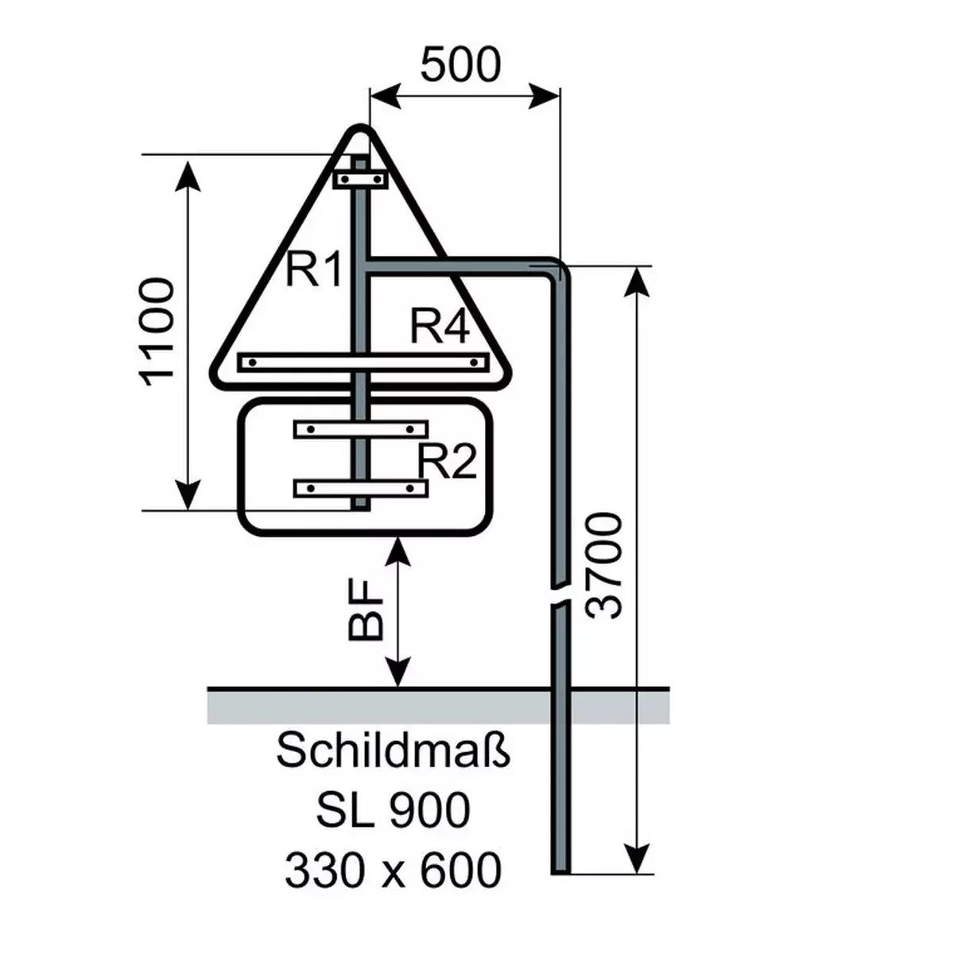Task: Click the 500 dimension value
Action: (460, 65)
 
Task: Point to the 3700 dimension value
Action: (603, 566)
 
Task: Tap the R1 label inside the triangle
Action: (314, 270)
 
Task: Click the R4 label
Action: (440, 326)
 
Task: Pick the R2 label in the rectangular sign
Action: (447, 461)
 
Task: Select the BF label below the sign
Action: (366, 611)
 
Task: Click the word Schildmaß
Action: (393, 751)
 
